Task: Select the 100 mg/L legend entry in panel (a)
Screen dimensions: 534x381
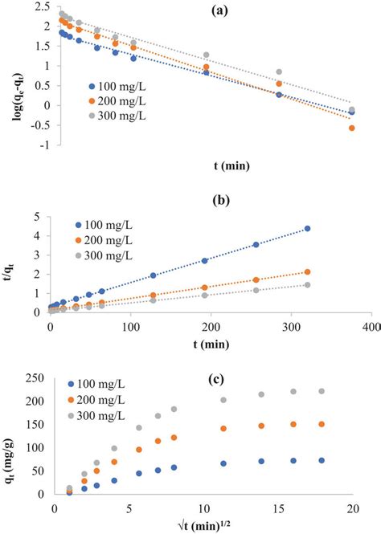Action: click(x=120, y=85)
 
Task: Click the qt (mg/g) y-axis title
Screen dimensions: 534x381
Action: click(x=10, y=446)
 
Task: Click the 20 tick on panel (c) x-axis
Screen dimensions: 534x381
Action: click(x=352, y=509)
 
